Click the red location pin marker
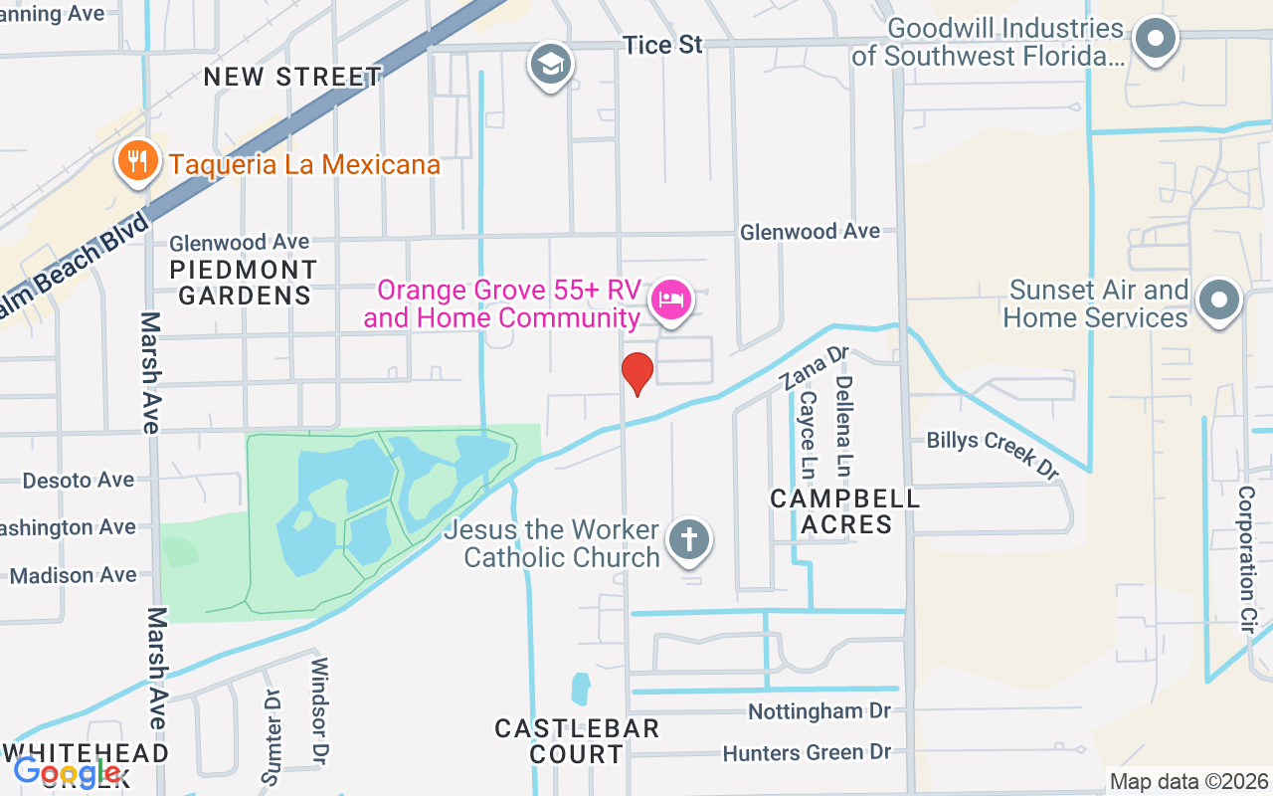click(636, 373)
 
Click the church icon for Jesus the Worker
click(688, 541)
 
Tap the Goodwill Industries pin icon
click(1155, 41)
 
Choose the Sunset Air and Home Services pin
click(1218, 299)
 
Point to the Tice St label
click(662, 45)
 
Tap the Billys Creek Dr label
click(993, 454)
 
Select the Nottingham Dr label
click(818, 711)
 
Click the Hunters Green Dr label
click(807, 753)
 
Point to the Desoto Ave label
click(79, 481)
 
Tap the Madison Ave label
click(73, 575)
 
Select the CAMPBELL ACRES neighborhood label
click(845, 511)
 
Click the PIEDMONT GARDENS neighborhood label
click(243, 283)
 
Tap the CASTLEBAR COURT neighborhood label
click(577, 741)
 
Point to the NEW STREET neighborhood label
click(292, 78)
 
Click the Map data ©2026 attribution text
click(1189, 782)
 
